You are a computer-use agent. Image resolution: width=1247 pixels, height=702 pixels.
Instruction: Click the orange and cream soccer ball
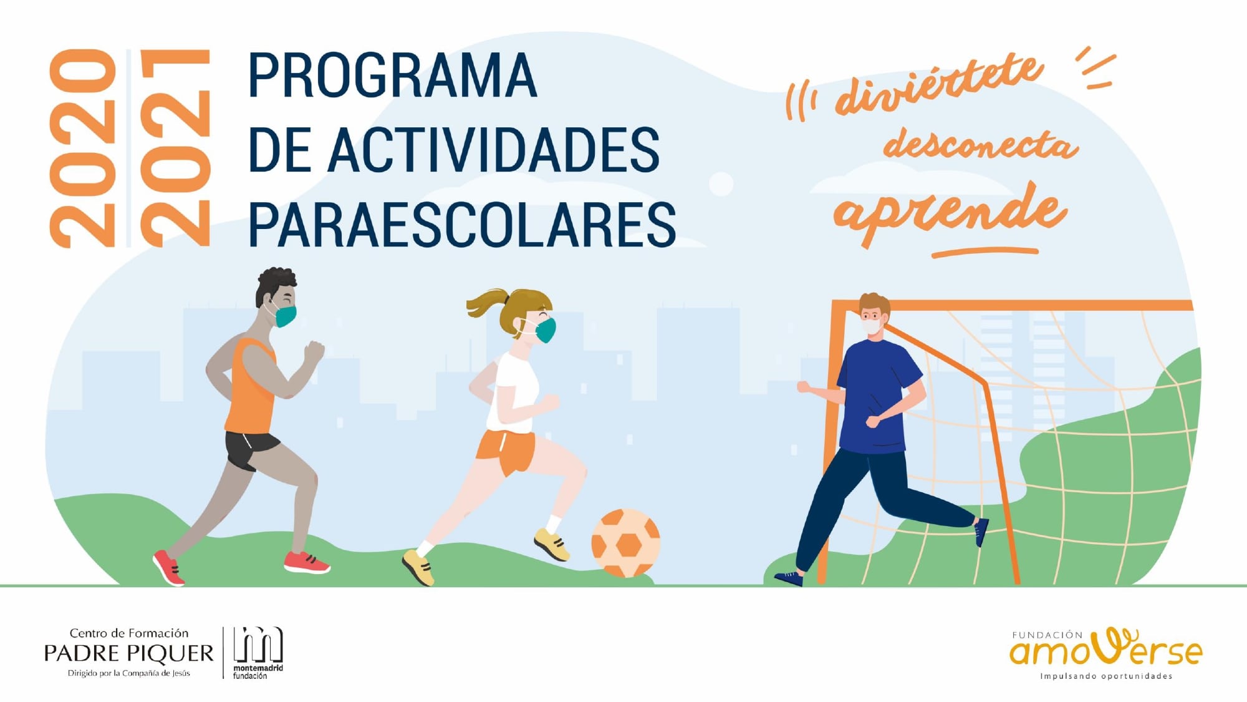click(625, 543)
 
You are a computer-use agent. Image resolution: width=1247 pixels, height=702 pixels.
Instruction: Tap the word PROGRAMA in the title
click(393, 76)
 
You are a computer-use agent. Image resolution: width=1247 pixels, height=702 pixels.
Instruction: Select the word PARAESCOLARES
click(462, 225)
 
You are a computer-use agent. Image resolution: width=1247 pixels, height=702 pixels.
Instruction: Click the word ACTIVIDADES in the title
click(493, 150)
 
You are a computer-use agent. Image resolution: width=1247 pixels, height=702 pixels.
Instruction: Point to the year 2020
click(83, 149)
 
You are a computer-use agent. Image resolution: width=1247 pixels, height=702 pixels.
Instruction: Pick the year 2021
click(175, 149)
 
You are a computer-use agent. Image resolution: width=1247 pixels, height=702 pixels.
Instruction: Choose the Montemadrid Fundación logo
click(258, 653)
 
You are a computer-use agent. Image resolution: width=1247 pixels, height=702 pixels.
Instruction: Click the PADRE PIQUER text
click(129, 653)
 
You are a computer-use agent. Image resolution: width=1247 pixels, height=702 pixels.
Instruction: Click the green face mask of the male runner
click(285, 316)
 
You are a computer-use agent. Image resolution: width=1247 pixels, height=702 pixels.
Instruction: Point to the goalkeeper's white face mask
click(871, 325)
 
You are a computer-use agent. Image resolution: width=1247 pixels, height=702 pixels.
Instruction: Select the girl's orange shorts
click(506, 451)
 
